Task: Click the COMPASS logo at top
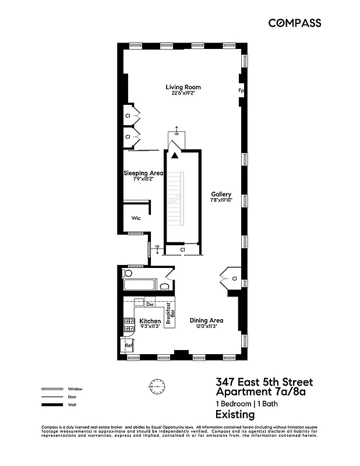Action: click(294, 23)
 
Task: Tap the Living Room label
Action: click(183, 87)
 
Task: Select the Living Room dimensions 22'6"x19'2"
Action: click(183, 94)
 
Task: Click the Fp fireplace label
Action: click(240, 91)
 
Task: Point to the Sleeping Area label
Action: click(143, 173)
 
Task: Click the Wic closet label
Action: click(136, 218)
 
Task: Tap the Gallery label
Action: click(221, 195)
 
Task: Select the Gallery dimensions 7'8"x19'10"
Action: click(221, 200)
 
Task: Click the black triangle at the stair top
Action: click(174, 155)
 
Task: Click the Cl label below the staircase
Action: click(182, 250)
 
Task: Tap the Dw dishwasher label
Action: click(150, 304)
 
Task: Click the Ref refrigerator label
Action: click(129, 346)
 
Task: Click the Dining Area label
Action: click(207, 320)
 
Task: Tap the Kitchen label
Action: click(150, 321)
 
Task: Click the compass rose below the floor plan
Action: click(157, 386)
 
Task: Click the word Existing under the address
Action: click(235, 415)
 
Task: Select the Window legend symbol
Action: click(51, 389)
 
